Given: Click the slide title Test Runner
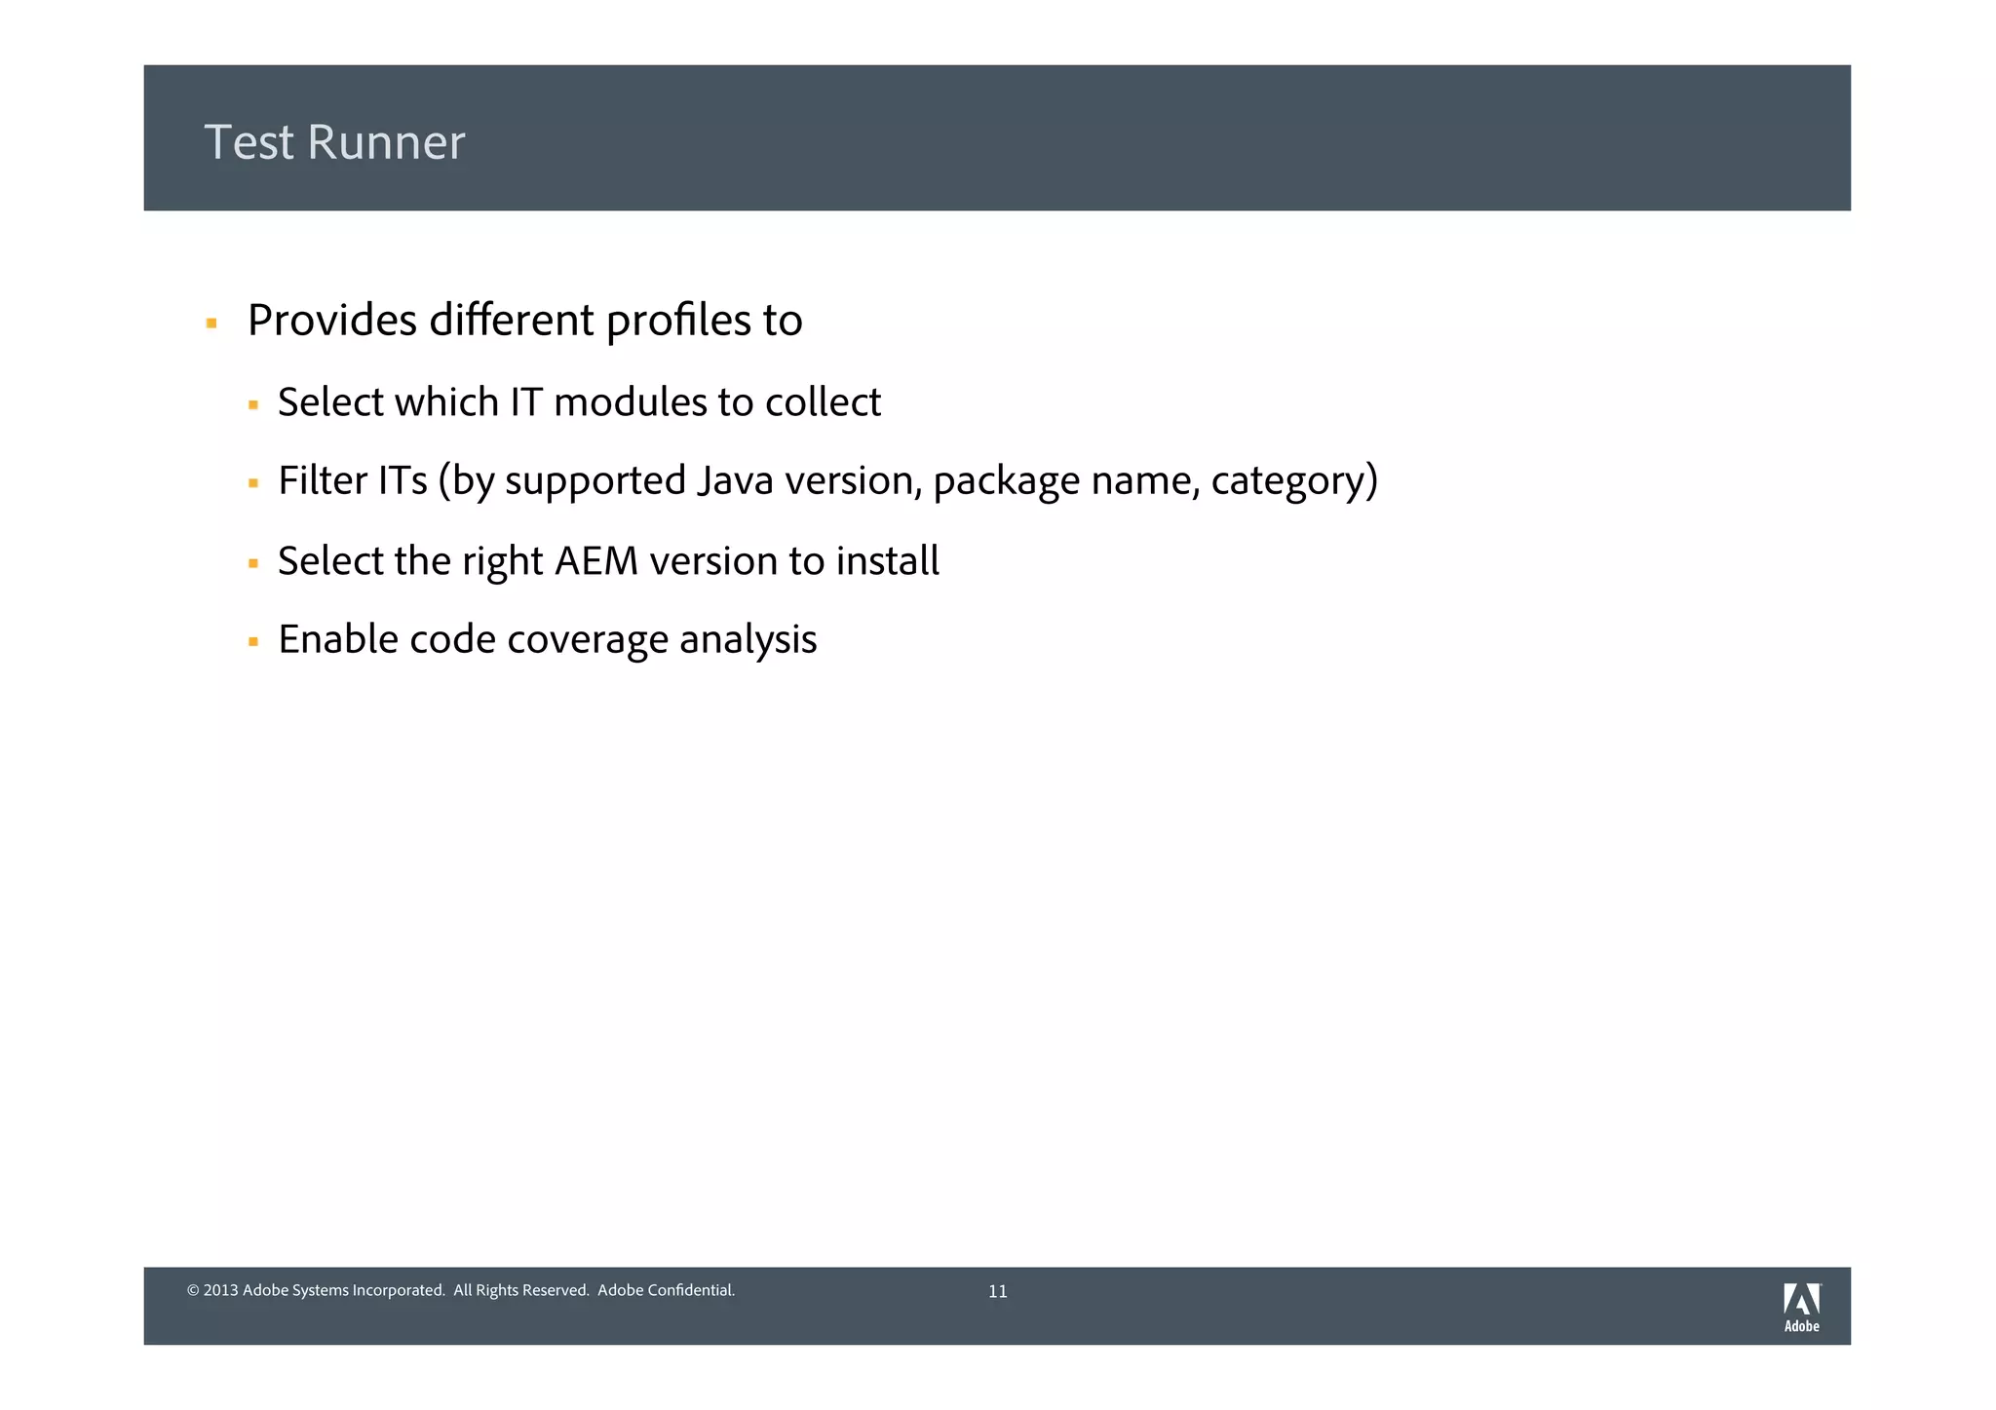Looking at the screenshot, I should point(334,142).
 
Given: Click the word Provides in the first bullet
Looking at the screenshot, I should point(331,321).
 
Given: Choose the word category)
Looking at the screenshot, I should point(1294,482).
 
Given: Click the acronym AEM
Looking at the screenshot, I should point(595,561).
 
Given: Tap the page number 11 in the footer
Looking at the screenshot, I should point(997,1292).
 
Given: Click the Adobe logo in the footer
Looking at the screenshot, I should point(1801,1307).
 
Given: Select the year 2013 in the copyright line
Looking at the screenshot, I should point(221,1291).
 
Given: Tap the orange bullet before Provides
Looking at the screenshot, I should point(211,323).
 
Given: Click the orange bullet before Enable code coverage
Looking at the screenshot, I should point(253,642).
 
